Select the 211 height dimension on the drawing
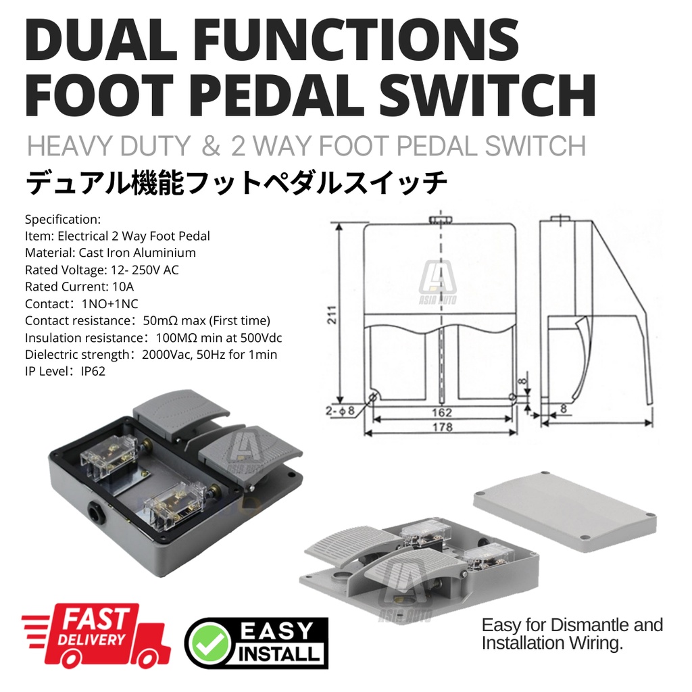332,315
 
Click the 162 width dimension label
442,412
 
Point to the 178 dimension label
442,427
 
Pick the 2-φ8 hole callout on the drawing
341,410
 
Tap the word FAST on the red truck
97,619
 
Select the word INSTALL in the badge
279,653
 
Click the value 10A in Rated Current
123,287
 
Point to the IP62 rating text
93,372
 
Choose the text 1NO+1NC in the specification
110,304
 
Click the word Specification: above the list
63,220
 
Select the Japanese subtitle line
237,182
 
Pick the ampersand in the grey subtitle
211,146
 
